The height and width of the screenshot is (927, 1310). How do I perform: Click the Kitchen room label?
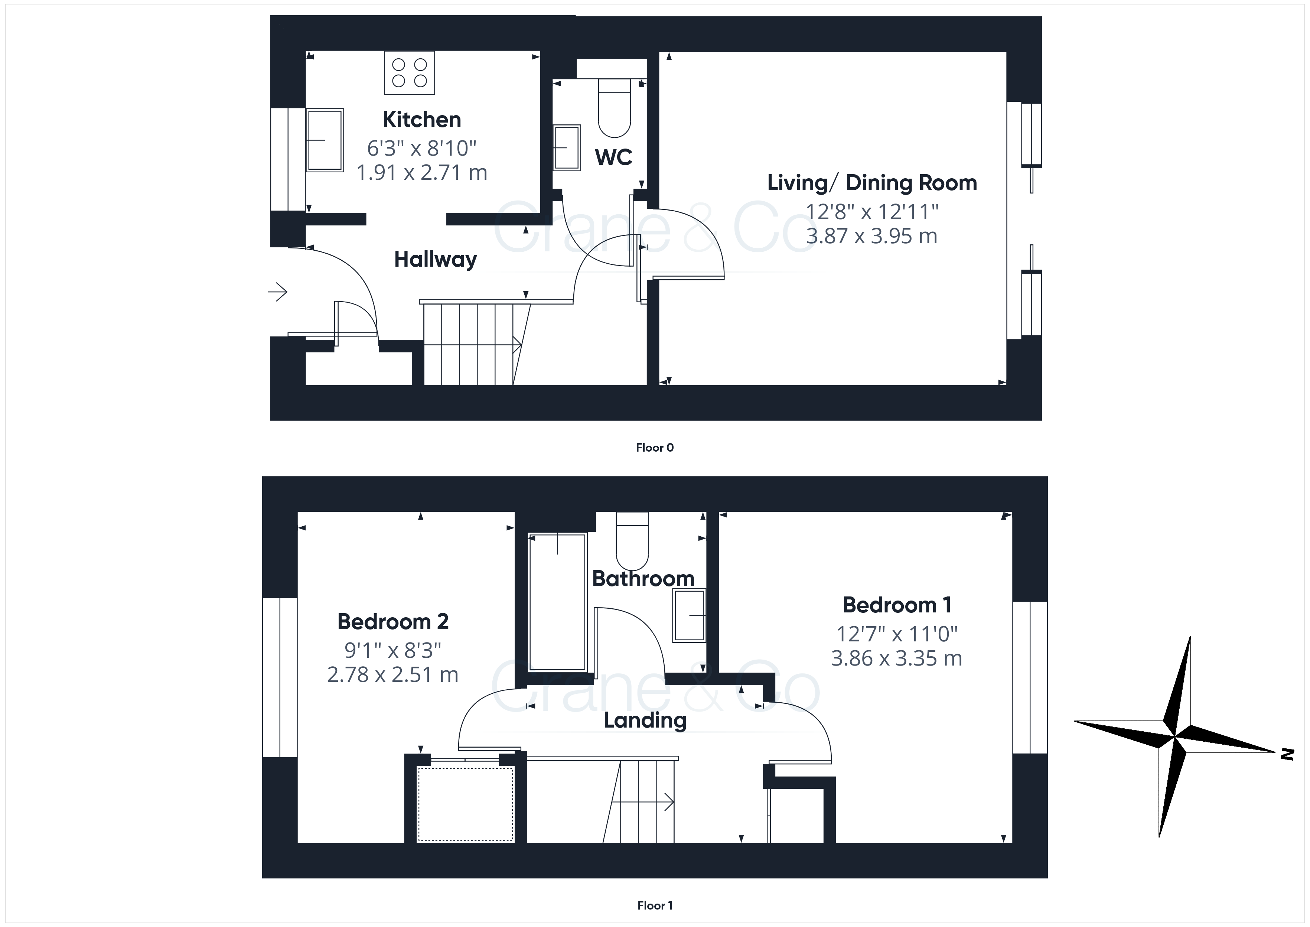[x=422, y=120]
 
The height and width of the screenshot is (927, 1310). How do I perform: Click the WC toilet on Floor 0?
[x=615, y=108]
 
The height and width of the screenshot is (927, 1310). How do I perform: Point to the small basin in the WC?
[x=567, y=148]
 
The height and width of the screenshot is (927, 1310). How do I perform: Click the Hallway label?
[x=435, y=260]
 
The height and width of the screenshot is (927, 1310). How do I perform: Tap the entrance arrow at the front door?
[x=278, y=292]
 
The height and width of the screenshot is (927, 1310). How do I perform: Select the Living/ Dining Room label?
[x=872, y=183]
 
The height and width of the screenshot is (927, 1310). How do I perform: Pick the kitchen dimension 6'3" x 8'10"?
[x=422, y=149]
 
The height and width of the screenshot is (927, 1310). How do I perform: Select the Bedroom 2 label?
[x=393, y=622]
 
